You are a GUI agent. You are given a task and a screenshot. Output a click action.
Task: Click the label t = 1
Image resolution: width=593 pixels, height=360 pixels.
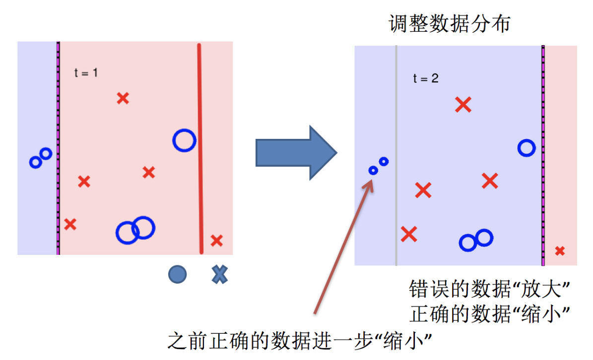point(86,73)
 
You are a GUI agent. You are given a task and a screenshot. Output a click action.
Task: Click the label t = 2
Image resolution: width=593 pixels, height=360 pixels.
point(426,78)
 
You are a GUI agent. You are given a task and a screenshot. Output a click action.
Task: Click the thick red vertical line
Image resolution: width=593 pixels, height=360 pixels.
point(200,149)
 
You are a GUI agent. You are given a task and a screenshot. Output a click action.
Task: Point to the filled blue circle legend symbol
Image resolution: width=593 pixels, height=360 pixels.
point(177,274)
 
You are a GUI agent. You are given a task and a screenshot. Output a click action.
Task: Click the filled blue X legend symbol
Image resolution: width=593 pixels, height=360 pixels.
point(219,274)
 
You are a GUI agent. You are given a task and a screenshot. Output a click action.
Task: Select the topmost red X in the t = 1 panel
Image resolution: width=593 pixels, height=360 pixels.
point(123,98)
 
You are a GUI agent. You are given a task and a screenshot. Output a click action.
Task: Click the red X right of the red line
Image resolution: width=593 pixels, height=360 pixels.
point(216,240)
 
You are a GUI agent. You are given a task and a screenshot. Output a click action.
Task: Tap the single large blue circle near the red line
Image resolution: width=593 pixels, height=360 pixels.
point(184,140)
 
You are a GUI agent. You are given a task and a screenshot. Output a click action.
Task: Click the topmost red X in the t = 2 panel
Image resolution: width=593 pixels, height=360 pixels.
point(463,104)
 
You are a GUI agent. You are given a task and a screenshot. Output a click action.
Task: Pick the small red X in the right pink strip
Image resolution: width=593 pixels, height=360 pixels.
point(560,251)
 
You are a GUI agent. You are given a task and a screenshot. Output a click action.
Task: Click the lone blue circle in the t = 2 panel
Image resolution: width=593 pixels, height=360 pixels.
point(527,148)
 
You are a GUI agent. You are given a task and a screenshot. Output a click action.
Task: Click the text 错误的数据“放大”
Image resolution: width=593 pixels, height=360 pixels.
point(489,289)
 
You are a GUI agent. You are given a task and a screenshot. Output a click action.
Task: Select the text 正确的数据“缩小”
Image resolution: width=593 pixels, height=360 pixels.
point(489,314)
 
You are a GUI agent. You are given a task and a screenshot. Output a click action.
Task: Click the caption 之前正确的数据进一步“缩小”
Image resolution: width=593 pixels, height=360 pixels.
point(299,342)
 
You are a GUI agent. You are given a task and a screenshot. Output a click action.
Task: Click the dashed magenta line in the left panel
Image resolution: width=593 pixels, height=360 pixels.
point(58,149)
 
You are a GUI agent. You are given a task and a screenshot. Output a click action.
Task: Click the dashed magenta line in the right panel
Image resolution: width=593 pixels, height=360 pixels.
point(543,154)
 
